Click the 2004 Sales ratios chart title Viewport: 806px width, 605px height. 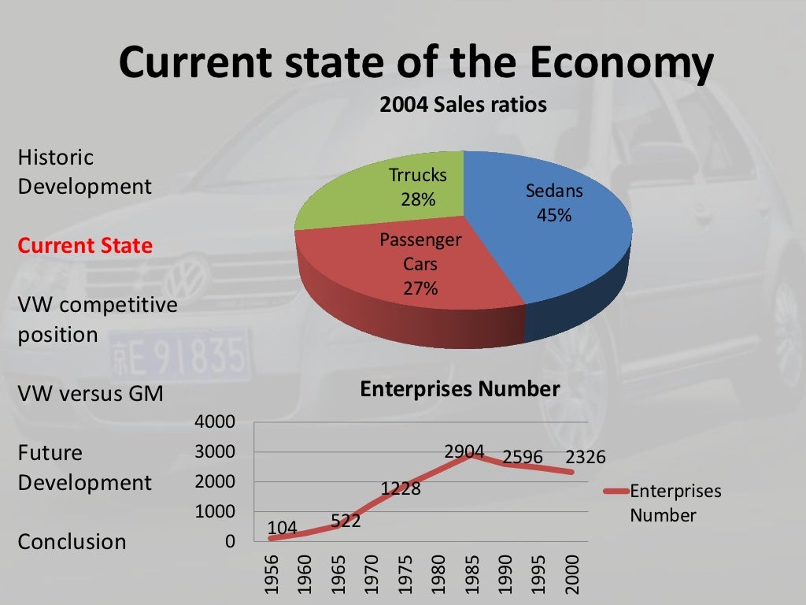point(463,105)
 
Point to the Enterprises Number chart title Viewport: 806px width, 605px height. point(460,389)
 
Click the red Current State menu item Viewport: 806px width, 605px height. point(85,246)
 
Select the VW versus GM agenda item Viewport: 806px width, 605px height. point(91,394)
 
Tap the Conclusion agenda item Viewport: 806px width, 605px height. point(72,542)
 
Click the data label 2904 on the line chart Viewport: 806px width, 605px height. point(464,451)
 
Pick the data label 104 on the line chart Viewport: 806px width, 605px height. point(283,527)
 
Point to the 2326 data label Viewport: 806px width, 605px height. point(586,456)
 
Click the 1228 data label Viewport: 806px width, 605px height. point(401,488)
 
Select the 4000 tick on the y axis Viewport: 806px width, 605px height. point(215,421)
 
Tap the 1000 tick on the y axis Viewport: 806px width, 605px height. point(215,511)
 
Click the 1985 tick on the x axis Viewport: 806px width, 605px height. point(472,574)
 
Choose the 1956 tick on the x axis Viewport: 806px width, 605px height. point(271,574)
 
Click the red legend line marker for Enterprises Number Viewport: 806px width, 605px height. point(616,491)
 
